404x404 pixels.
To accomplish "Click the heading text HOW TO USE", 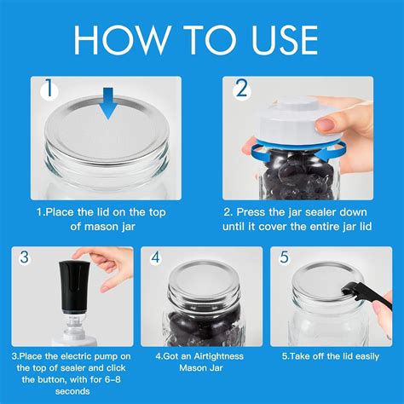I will pyautogui.click(x=201, y=39).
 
